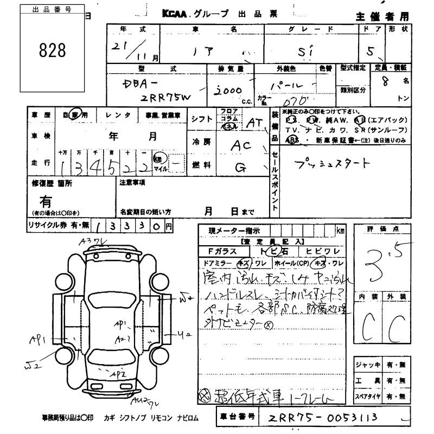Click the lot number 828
tap(53, 50)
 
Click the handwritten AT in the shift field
tap(253, 123)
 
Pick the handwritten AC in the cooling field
tap(241, 145)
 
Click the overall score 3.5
tap(382, 260)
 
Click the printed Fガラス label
tap(224, 251)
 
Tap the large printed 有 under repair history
tap(46, 201)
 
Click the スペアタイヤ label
tap(369, 397)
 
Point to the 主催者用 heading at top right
tap(382, 16)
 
